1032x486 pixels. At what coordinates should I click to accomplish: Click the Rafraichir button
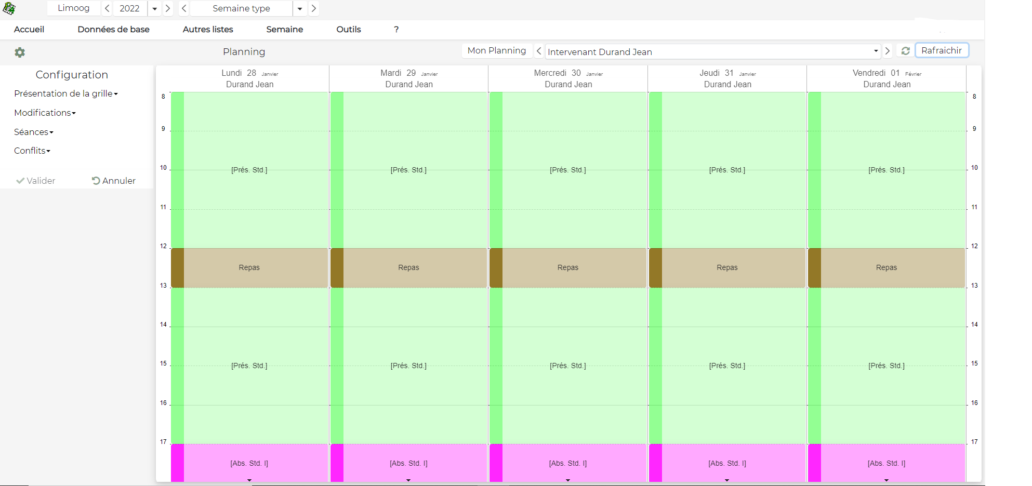pos(941,50)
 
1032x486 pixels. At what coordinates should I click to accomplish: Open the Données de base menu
pos(113,30)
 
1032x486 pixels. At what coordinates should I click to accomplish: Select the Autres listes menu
pos(208,30)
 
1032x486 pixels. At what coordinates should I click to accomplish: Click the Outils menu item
pos(348,30)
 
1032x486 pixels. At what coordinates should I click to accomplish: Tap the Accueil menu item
pos(29,30)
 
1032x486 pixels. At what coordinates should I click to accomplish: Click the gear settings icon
pos(20,52)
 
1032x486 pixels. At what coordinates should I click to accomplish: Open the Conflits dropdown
pos(32,151)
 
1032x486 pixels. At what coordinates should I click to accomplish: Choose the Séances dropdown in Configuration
pos(34,132)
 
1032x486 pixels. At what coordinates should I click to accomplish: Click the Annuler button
pos(114,181)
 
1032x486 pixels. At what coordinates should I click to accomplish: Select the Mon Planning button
pos(496,50)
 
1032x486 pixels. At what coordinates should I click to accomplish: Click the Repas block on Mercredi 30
pos(568,267)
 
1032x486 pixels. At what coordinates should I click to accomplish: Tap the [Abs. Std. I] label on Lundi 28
pos(249,463)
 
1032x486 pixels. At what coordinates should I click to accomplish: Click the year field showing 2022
pos(129,8)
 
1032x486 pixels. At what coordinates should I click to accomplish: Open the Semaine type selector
pos(242,8)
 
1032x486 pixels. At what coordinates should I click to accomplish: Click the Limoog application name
pos(73,8)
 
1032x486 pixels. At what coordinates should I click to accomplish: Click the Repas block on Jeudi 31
pos(727,267)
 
